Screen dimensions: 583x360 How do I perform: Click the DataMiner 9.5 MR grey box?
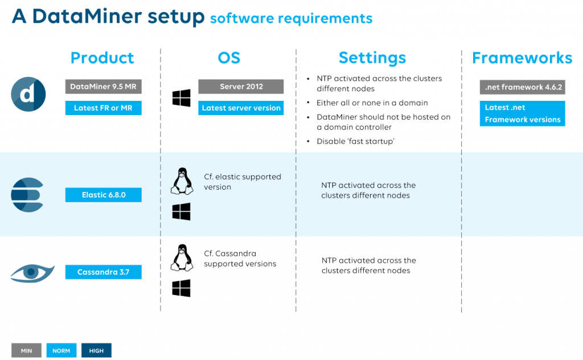pyautogui.click(x=104, y=87)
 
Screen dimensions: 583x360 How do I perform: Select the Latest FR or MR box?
pyautogui.click(x=104, y=108)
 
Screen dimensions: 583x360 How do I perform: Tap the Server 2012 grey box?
pyautogui.click(x=241, y=87)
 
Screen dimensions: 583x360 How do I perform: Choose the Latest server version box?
pyautogui.click(x=241, y=108)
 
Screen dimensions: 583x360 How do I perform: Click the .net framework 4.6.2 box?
pyautogui.click(x=523, y=87)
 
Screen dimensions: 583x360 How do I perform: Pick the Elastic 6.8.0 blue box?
pyautogui.click(x=104, y=195)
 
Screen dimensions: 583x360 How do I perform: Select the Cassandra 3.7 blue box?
pyautogui.click(x=104, y=272)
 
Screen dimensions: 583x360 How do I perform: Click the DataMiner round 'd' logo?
pyautogui.click(x=28, y=94)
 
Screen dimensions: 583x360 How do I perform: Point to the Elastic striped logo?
pyautogui.click(x=27, y=195)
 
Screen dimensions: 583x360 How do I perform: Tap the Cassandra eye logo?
pyautogui.click(x=32, y=273)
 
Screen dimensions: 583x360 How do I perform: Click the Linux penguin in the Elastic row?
pyautogui.click(x=182, y=181)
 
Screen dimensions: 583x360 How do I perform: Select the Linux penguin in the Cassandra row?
pyautogui.click(x=182, y=257)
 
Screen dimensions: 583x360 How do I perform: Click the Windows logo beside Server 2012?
pyautogui.click(x=182, y=98)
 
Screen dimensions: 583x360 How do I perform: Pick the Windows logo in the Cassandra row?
pyautogui.click(x=182, y=288)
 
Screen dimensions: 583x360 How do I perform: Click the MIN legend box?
pyautogui.click(x=26, y=350)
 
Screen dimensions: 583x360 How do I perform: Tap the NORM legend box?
pyautogui.click(x=61, y=350)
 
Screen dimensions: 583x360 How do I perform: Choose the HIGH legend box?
pyautogui.click(x=96, y=350)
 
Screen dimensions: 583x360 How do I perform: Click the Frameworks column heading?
pyautogui.click(x=522, y=58)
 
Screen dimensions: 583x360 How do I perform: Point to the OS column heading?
pyautogui.click(x=229, y=58)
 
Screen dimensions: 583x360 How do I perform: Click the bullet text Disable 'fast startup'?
pyautogui.click(x=355, y=141)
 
